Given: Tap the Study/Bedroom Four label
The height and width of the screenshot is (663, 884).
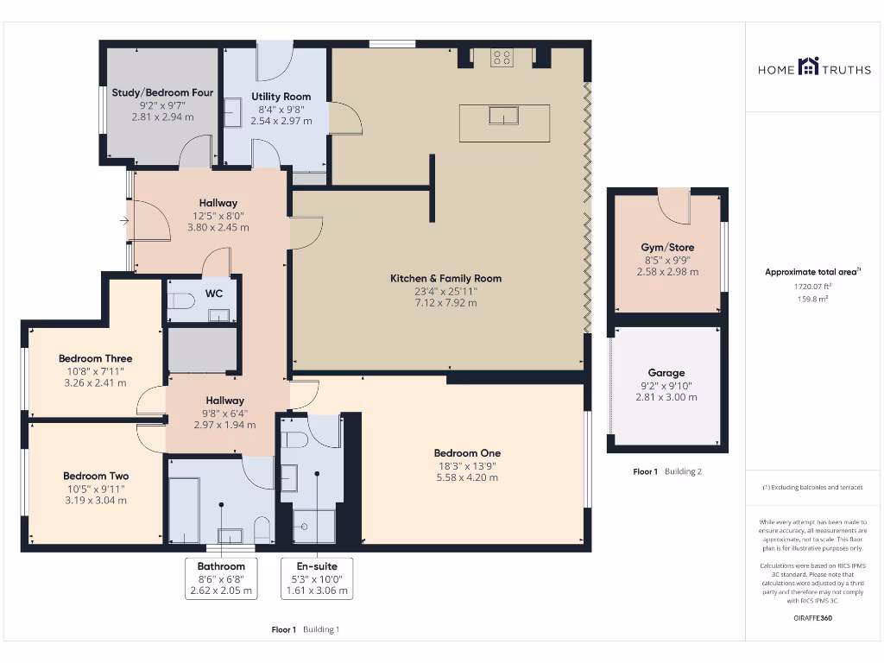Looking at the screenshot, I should (162, 93).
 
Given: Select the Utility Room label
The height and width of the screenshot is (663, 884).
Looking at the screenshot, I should (281, 97).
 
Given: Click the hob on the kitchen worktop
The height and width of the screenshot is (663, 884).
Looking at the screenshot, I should (502, 58).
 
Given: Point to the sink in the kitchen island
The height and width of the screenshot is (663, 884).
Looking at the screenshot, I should (503, 115).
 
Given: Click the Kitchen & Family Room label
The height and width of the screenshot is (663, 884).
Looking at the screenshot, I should (445, 279).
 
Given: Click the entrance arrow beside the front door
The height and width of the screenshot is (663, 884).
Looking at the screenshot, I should (124, 222).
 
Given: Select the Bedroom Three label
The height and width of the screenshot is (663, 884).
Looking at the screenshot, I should (95, 358).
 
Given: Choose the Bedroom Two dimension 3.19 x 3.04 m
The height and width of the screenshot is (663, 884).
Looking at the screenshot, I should (95, 501).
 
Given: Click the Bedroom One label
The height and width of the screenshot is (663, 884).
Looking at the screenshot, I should (467, 453).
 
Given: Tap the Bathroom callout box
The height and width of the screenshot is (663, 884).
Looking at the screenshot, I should (220, 578).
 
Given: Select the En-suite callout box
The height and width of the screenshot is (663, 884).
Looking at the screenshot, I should (317, 578).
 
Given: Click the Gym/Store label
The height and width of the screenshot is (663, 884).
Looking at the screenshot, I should (667, 248).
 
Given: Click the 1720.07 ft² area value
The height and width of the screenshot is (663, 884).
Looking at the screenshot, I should (813, 286).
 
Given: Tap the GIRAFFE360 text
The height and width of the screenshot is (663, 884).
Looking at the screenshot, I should (813, 618).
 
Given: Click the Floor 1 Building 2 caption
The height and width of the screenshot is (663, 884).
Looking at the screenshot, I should (667, 472).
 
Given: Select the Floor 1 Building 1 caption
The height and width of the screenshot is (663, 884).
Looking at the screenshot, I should (306, 630).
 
